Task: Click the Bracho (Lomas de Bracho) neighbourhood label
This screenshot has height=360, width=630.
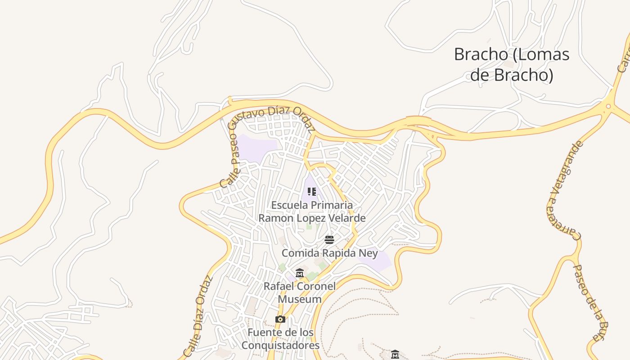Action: [x=512, y=64]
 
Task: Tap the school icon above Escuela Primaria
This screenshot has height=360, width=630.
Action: [x=312, y=192]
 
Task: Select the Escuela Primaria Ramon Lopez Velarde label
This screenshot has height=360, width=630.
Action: [x=311, y=211]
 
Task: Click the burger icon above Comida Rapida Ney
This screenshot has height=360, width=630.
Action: [x=329, y=239]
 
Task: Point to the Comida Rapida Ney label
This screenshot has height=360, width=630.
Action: [x=329, y=253]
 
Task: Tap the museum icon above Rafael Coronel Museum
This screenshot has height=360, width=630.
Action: [x=300, y=273]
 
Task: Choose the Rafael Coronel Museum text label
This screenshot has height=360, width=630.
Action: [x=300, y=292]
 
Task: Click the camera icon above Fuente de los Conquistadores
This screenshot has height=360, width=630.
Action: [x=280, y=319]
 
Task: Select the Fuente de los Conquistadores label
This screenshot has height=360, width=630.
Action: [x=280, y=339]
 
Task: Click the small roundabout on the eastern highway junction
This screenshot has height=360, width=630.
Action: [x=608, y=107]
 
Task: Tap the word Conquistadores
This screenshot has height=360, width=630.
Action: [x=280, y=346]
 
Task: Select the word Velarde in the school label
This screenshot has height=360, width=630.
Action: [x=346, y=218]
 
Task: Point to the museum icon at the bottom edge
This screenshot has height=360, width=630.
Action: [x=395, y=355]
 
